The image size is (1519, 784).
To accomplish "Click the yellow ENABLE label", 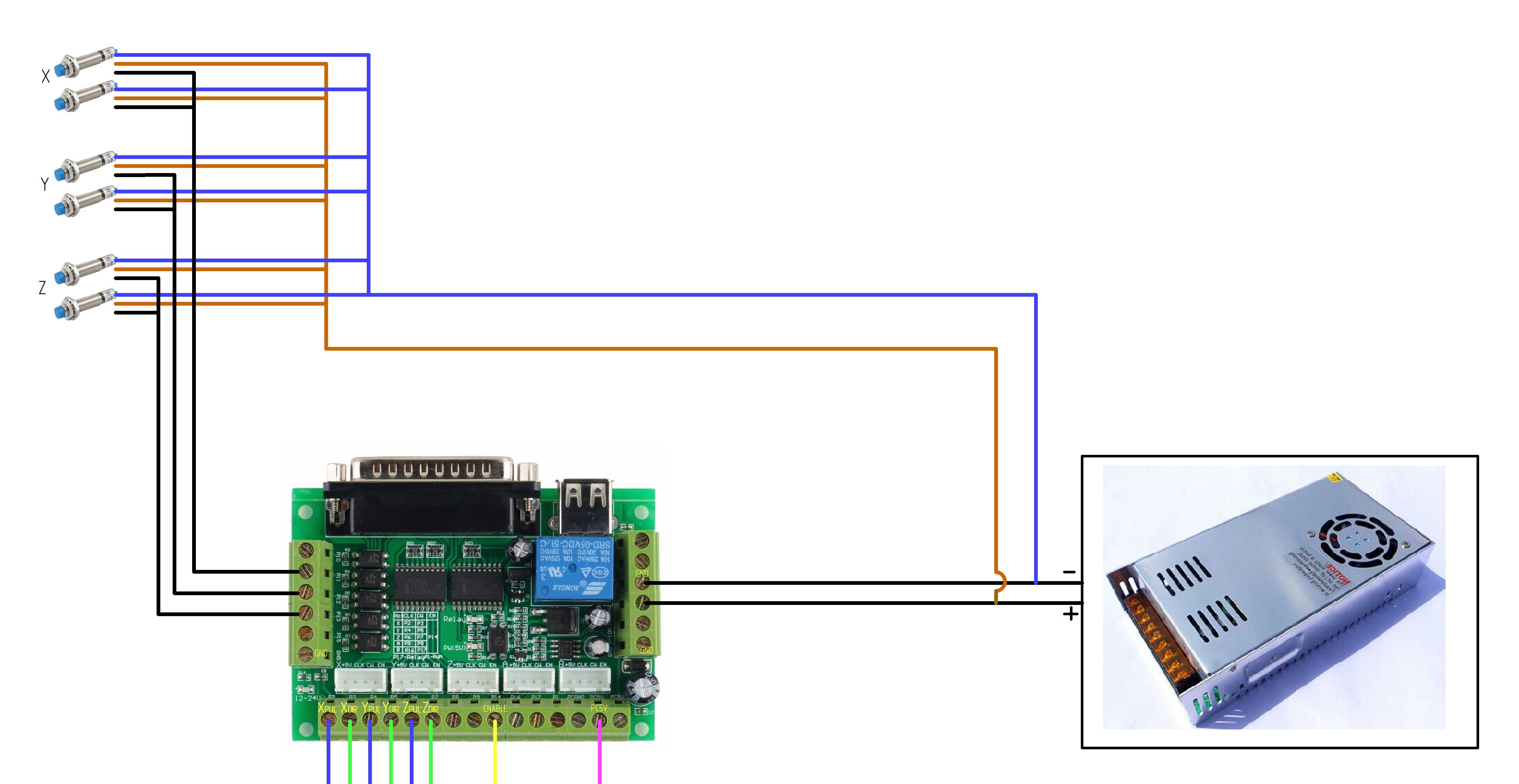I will (x=495, y=708).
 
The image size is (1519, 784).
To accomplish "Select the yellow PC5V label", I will (x=598, y=708).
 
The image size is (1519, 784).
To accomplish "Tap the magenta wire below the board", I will (x=600, y=761).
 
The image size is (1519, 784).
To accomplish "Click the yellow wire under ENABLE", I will (x=495, y=761).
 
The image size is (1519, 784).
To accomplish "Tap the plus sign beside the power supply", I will (x=1070, y=614).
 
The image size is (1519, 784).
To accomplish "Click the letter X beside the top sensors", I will (x=45, y=76).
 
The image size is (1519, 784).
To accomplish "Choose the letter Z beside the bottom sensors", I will (x=42, y=288).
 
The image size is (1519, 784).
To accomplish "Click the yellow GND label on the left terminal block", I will (x=321, y=653).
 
